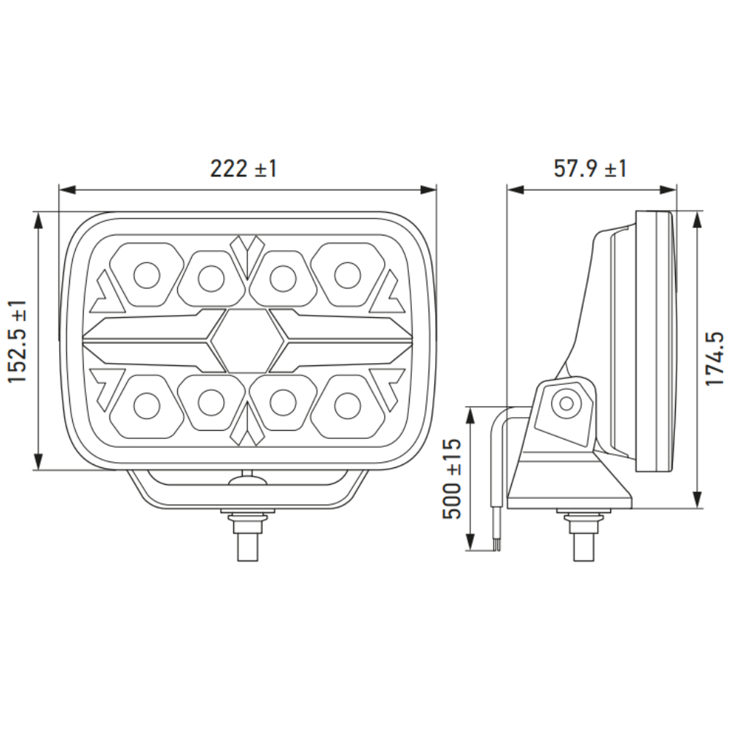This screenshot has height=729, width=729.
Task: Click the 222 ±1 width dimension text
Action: click(243, 168)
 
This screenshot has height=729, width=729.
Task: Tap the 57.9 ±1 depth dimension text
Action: click(590, 168)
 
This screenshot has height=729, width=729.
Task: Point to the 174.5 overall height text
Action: click(714, 359)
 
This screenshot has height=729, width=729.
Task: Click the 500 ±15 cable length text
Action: click(451, 479)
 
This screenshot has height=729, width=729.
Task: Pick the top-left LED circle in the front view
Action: click(147, 276)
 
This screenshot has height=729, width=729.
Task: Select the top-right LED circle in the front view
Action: click(348, 276)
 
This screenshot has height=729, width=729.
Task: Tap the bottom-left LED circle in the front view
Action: click(147, 405)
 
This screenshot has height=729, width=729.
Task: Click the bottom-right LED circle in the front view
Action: click(348, 405)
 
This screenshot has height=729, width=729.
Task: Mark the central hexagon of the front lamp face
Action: click(247, 340)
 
